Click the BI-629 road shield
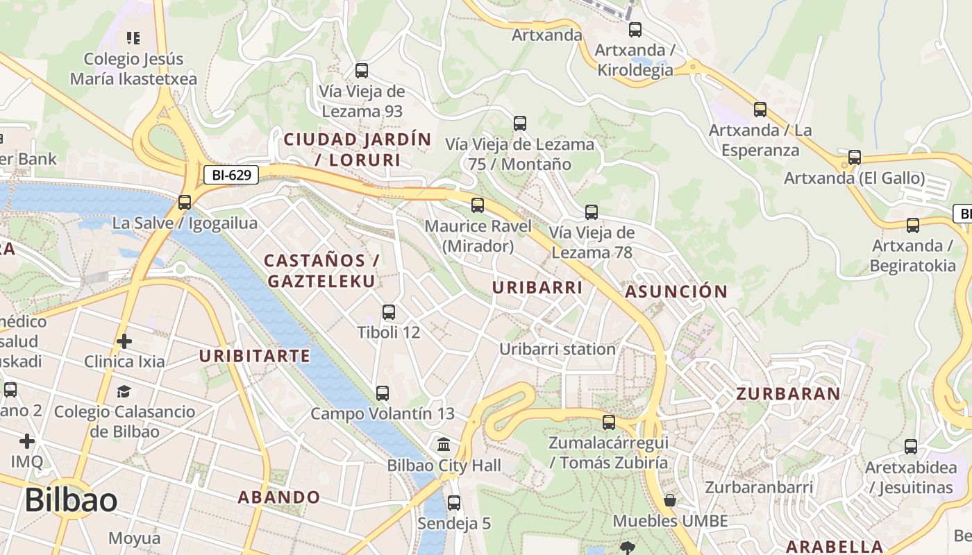[x=231, y=175]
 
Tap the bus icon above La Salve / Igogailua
[x=184, y=203]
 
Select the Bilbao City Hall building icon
[x=443, y=444]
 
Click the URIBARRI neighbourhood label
[x=537, y=287]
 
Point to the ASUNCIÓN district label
[x=676, y=291]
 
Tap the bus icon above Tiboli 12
[x=389, y=312]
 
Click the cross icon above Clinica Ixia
[x=124, y=341]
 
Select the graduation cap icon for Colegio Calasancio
[x=124, y=392]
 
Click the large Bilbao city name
[x=70, y=500]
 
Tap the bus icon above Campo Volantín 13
[x=382, y=393]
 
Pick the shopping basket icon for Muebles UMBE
[x=670, y=500]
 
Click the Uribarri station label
[x=558, y=349]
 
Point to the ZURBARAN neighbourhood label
[x=788, y=394]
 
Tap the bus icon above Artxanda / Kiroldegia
[x=635, y=30]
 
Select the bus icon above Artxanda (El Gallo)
[x=854, y=157]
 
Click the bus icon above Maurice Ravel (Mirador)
[x=477, y=205]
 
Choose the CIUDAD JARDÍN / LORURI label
[x=358, y=150]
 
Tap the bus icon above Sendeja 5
[x=453, y=503]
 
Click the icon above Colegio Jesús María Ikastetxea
[x=133, y=37]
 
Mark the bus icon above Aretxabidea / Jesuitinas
[x=910, y=447]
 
